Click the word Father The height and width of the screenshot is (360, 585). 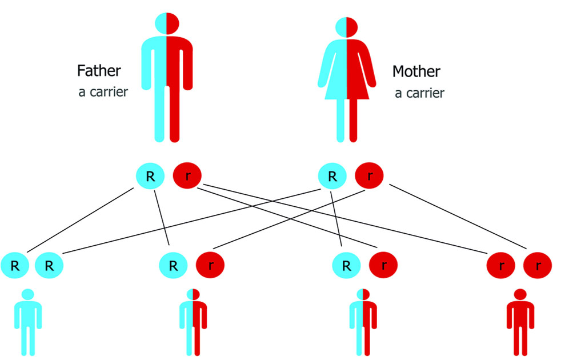pos(99,71)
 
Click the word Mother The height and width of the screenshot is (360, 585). pos(416,71)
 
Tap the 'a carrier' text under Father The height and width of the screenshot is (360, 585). pos(103,92)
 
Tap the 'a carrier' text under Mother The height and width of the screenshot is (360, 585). pos(419,93)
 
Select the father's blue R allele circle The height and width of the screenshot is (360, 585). pos(150,176)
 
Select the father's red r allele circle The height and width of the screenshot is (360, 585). pos(187,176)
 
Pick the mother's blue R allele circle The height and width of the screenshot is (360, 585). pos(332,176)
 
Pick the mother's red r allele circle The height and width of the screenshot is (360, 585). pos(370,176)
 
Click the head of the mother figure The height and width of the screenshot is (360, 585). pos(346,26)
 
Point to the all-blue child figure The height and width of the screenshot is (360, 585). pos(27,323)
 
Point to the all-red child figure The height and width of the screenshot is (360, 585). pos(520,323)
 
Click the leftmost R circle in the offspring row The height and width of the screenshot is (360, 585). pos(14,265)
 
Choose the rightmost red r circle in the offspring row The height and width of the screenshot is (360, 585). pos(538,265)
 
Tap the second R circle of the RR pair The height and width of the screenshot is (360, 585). pos(49,265)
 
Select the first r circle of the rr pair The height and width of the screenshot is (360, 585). pos(501,265)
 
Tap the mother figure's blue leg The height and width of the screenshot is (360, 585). pos(340,120)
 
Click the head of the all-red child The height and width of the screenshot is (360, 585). pos(520,294)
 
